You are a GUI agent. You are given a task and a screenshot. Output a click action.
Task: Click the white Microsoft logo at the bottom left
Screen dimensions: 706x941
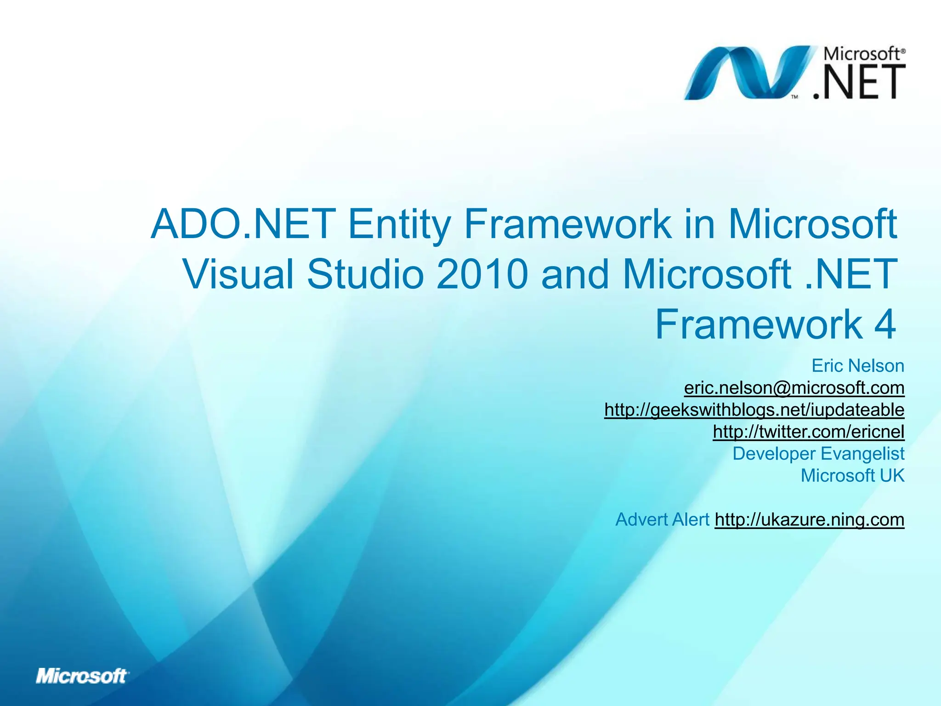click(x=82, y=676)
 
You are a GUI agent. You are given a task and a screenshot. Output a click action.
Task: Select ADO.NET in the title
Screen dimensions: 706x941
click(x=243, y=224)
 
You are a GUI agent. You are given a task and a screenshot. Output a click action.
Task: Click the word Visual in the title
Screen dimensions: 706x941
click(x=238, y=274)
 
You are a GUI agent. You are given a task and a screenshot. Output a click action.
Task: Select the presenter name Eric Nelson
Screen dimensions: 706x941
click(x=857, y=366)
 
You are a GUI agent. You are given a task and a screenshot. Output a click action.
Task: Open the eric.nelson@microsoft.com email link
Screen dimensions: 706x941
click(x=794, y=388)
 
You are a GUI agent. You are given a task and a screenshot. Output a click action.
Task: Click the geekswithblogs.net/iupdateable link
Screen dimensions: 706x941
click(x=754, y=410)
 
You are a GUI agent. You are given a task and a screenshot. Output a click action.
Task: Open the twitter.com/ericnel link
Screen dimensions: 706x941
click(x=808, y=432)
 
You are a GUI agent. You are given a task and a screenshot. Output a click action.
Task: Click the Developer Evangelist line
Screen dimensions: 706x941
click(x=818, y=454)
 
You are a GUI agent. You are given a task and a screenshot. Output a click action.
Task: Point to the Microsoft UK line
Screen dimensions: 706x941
click(x=852, y=475)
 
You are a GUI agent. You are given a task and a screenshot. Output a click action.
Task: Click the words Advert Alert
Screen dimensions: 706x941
click(x=662, y=519)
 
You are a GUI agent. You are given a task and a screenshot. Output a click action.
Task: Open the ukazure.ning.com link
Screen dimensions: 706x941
click(x=809, y=519)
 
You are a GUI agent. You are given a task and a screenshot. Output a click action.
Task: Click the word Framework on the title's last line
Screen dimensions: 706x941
click(x=759, y=325)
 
